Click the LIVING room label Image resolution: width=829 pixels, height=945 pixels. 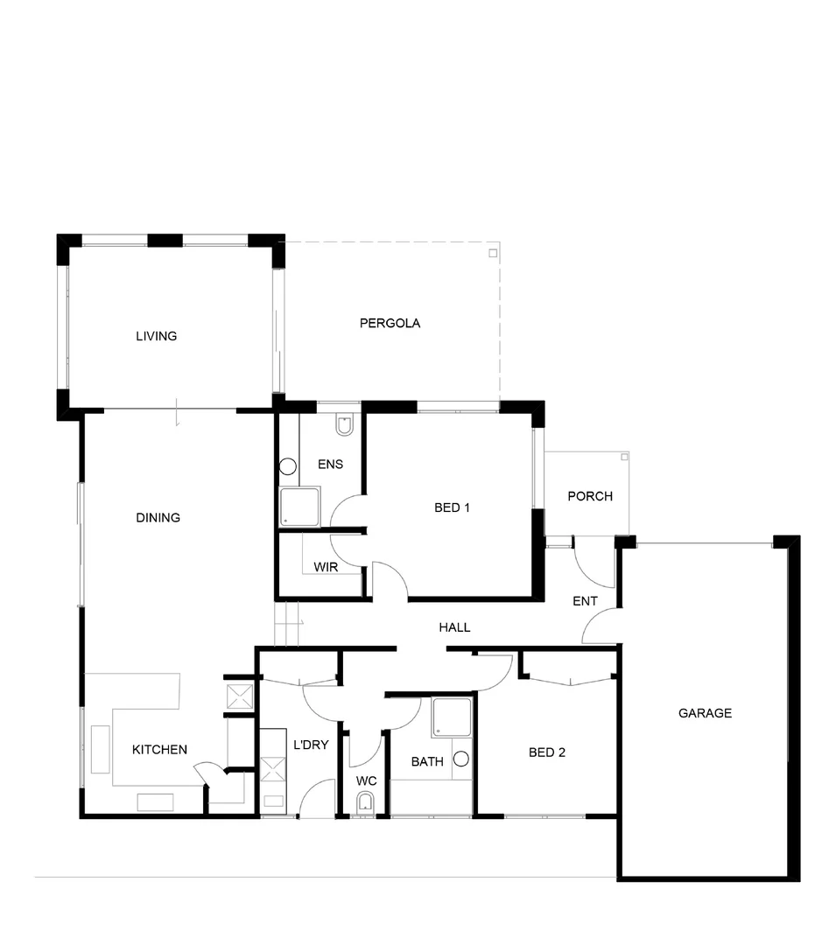pos(156,336)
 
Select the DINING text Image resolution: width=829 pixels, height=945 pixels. pos(158,517)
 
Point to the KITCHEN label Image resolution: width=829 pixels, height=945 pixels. pos(159,749)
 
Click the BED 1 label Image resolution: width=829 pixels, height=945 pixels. pos(453,507)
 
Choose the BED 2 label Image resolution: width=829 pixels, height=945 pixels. pos(547,752)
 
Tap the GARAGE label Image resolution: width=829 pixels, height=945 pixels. pos(705,713)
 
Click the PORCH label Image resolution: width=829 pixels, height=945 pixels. pos(590,496)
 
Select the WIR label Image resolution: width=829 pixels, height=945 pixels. pos(326,567)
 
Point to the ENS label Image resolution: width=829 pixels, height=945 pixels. pos(330,464)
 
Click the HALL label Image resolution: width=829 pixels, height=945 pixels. pos(454,626)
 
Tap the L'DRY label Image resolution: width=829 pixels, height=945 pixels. pos(311,745)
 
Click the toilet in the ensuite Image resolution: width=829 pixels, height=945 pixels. pos(344,426)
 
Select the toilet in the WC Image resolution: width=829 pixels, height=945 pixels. pos(365,801)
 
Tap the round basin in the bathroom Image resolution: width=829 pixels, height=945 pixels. pos(461,759)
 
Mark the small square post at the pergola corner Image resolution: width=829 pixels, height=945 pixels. pos(493,253)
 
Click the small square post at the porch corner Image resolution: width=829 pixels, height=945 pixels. pos(624,456)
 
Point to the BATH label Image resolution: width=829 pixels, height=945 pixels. pos(427,761)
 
